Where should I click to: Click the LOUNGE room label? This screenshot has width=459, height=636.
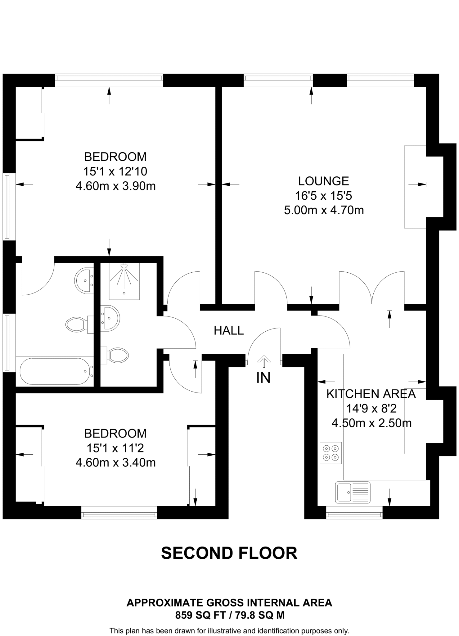pyautogui.click(x=323, y=181)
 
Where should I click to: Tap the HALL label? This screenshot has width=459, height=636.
pyautogui.click(x=229, y=330)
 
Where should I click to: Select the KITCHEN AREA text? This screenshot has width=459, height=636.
pyautogui.click(x=371, y=394)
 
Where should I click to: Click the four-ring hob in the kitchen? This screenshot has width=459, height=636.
pyautogui.click(x=331, y=453)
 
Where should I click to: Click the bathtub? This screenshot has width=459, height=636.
pyautogui.click(x=57, y=371)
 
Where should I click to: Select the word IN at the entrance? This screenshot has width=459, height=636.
pyautogui.click(x=263, y=378)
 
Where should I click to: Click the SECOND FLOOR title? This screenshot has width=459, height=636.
pyautogui.click(x=229, y=553)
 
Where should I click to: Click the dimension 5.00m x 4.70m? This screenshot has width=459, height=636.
pyautogui.click(x=324, y=210)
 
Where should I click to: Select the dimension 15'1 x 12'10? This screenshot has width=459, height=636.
pyautogui.click(x=115, y=171)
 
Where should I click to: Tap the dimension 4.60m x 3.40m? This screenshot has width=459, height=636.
pyautogui.click(x=115, y=463)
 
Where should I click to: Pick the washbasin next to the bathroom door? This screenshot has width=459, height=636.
pyautogui.click(x=84, y=281)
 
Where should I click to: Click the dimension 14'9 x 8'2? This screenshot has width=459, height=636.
pyautogui.click(x=371, y=408)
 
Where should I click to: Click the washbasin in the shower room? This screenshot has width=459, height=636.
pyautogui.click(x=110, y=318)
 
